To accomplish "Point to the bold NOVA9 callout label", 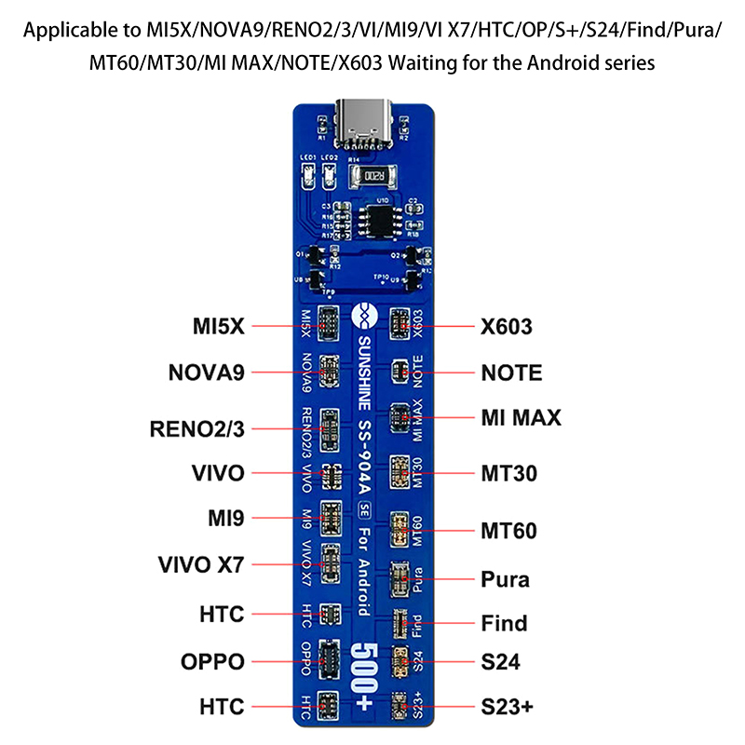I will [206, 373].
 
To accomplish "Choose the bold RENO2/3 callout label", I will [196, 429].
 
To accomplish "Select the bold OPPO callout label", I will [213, 662].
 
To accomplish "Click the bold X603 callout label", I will [508, 327].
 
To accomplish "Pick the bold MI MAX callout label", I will [521, 417].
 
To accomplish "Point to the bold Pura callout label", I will [506, 579].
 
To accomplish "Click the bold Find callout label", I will [504, 623].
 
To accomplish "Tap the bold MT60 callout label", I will [508, 532].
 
